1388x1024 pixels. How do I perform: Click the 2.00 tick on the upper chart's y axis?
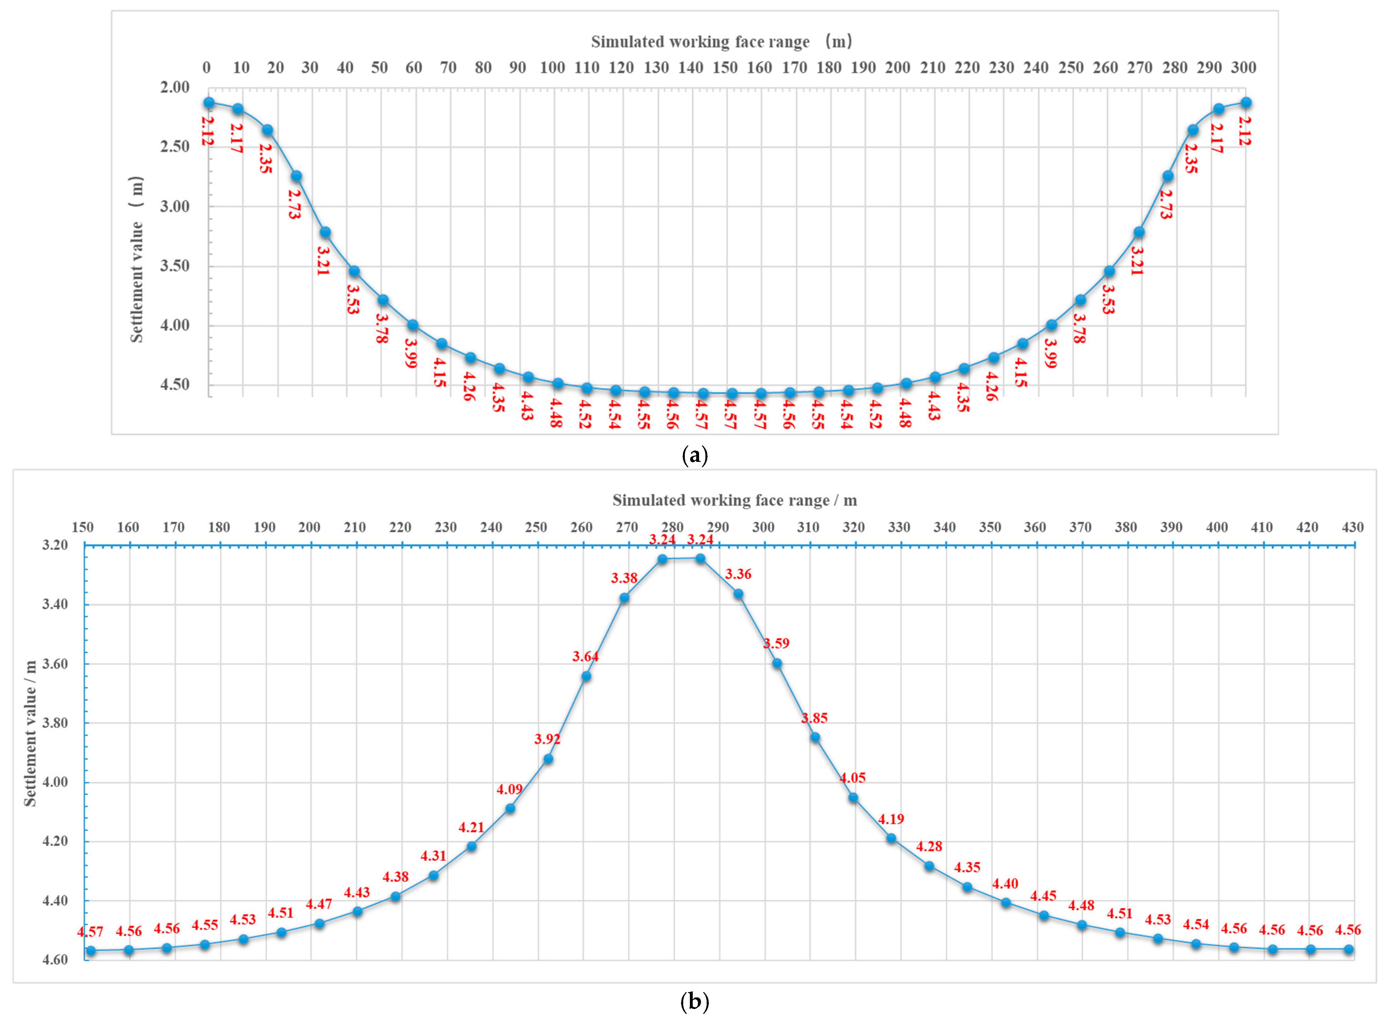(175, 87)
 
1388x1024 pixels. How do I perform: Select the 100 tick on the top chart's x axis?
(552, 68)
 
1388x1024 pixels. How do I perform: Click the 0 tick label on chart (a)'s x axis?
(206, 68)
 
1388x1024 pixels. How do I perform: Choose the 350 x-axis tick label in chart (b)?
(990, 527)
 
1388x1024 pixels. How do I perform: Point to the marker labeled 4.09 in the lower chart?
(510, 808)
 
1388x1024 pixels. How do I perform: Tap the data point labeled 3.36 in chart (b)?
(738, 594)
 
